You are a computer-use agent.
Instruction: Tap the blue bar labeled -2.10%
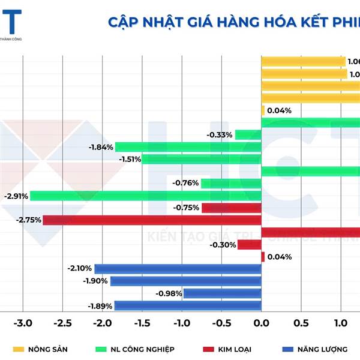pos(178,269)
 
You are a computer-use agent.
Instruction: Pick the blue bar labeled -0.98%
pos(222,293)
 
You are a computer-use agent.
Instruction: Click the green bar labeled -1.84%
pos(188,147)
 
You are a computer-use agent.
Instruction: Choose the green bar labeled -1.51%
pos(201,159)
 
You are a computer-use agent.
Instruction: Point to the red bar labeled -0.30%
pos(249,245)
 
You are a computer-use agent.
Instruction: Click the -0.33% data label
pos(219,135)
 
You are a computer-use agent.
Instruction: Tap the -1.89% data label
pos(100,306)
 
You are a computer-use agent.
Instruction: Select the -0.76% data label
pos(185,183)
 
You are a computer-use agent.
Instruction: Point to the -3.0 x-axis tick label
pos(22,323)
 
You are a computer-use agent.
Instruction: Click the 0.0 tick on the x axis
pos(261,323)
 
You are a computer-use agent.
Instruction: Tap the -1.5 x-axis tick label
pos(142,323)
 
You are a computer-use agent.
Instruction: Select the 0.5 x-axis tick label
pos(301,323)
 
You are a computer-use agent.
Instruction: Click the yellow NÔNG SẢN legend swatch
pos(19,349)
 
